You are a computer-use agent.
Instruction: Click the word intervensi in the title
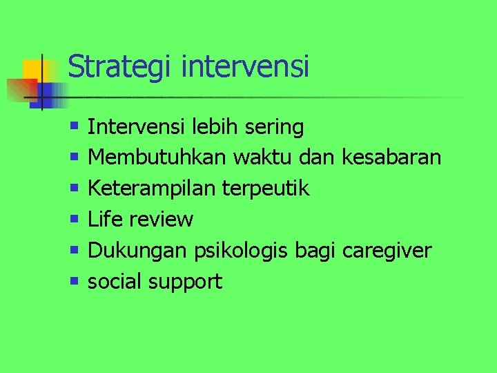tap(245, 67)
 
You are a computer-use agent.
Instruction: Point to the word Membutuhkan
tap(157, 158)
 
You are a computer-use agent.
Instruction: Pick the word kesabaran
tap(391, 158)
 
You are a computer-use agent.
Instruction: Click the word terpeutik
tap(266, 189)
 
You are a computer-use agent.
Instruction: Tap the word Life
tap(105, 220)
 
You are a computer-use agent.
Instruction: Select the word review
tap(161, 220)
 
